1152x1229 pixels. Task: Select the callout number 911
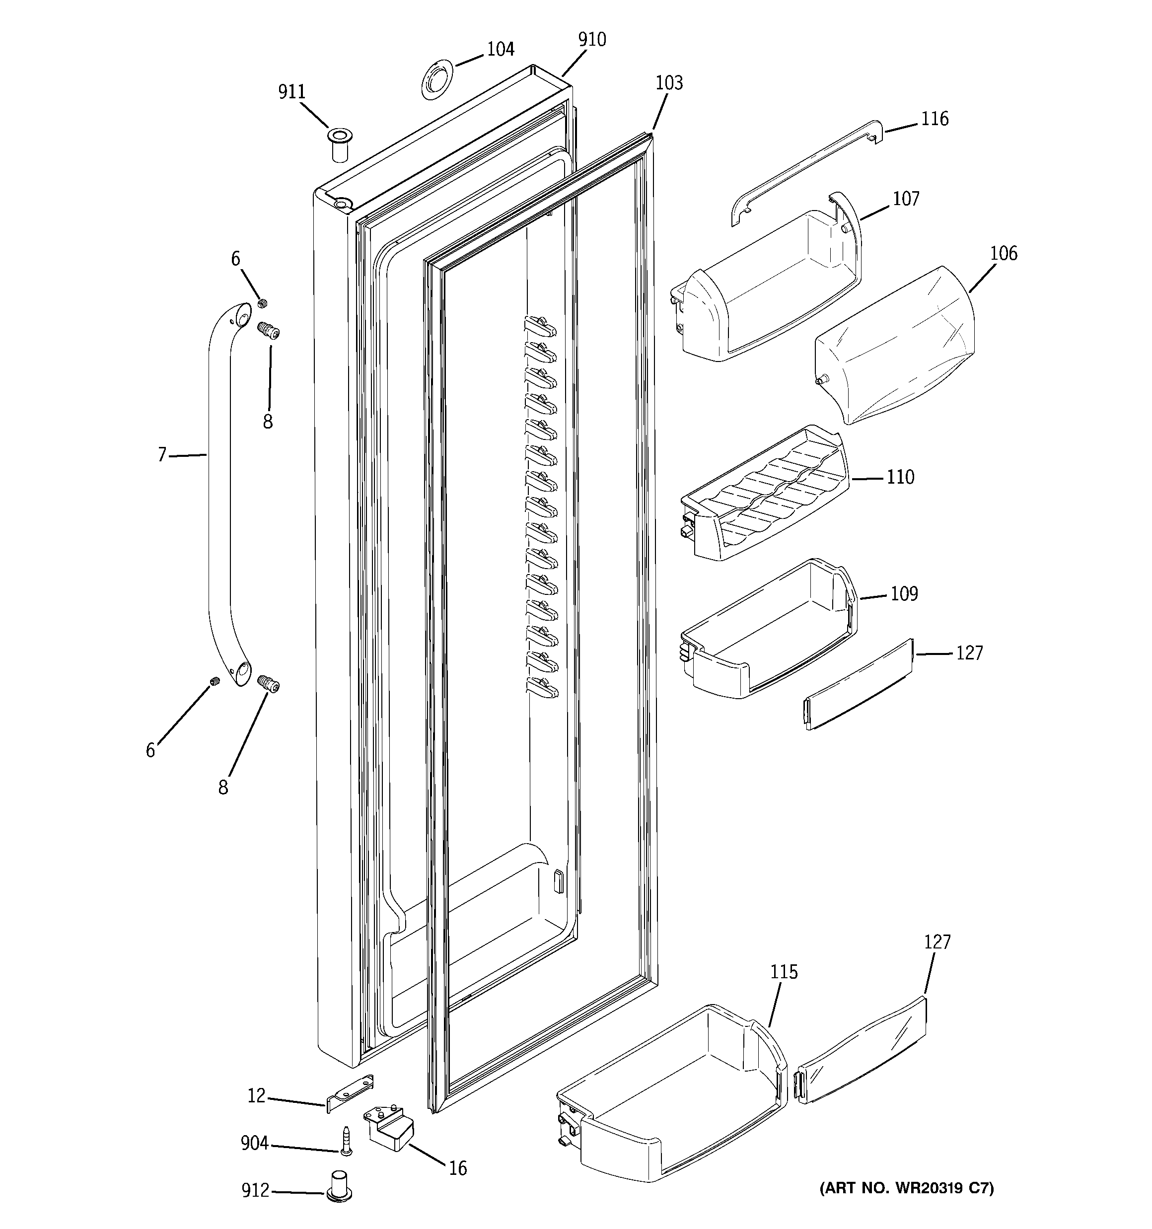pyautogui.click(x=292, y=92)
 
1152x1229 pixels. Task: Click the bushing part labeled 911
pyautogui.click(x=339, y=145)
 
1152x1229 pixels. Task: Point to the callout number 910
pyautogui.click(x=592, y=40)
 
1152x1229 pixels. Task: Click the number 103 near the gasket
pyautogui.click(x=669, y=83)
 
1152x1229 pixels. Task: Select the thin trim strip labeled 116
pyautogui.click(x=804, y=172)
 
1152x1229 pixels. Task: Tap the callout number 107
pyautogui.click(x=906, y=199)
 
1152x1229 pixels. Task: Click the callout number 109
pyautogui.click(x=904, y=593)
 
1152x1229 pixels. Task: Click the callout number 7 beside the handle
pyautogui.click(x=162, y=455)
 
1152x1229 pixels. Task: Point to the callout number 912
pyautogui.click(x=255, y=1190)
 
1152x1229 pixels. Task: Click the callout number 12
pyautogui.click(x=256, y=1096)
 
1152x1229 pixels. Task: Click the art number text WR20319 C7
pyautogui.click(x=907, y=1188)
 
